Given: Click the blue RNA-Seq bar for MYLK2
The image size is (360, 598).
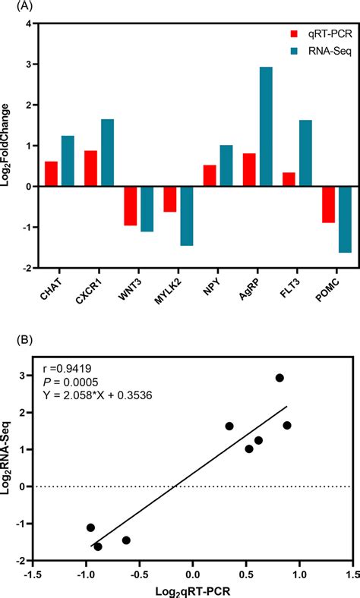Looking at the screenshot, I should coord(187,216).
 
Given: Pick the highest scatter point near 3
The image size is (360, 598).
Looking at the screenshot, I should coord(279,378).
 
